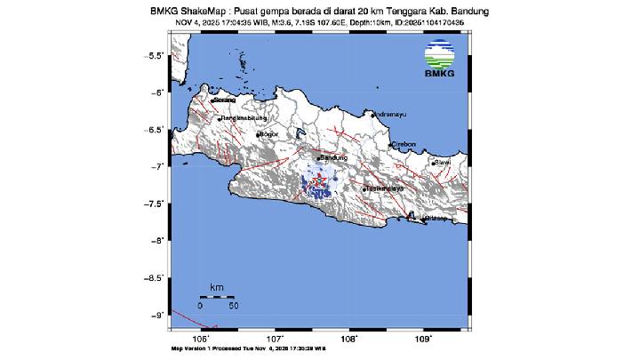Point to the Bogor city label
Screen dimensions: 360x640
point(268,134)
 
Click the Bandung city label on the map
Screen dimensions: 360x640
point(333,157)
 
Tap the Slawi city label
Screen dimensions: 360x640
point(444,163)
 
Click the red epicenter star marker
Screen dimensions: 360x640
point(316,181)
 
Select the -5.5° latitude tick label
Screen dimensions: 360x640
point(154,55)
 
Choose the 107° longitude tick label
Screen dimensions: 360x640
point(276,338)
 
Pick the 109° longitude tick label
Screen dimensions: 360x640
point(424,338)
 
